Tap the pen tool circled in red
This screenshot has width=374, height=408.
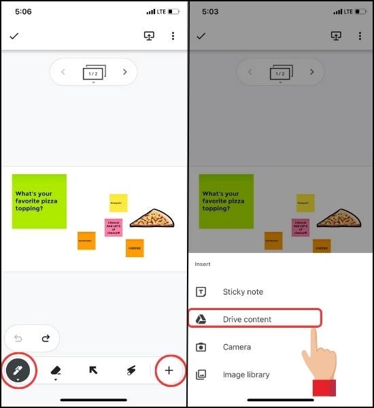click(x=18, y=371)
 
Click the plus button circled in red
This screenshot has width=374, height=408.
click(x=169, y=371)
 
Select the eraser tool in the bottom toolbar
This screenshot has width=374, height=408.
click(x=56, y=371)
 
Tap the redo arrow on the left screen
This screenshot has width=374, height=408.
click(x=46, y=338)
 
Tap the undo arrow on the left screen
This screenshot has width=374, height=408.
click(x=18, y=338)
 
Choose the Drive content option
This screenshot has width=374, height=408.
click(x=247, y=319)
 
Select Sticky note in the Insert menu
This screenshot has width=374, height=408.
click(x=243, y=292)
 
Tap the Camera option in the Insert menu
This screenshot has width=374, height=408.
click(x=237, y=347)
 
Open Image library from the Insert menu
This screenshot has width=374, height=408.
click(x=245, y=375)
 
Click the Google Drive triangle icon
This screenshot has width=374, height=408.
click(x=201, y=319)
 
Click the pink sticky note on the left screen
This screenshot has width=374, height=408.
click(x=113, y=227)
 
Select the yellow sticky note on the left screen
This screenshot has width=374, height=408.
click(x=118, y=203)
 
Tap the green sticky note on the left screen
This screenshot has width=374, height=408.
click(x=39, y=201)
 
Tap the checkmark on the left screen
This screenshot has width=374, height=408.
click(x=14, y=36)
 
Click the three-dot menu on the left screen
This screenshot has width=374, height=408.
click(x=173, y=36)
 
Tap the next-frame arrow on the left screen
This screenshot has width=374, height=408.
click(x=124, y=71)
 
